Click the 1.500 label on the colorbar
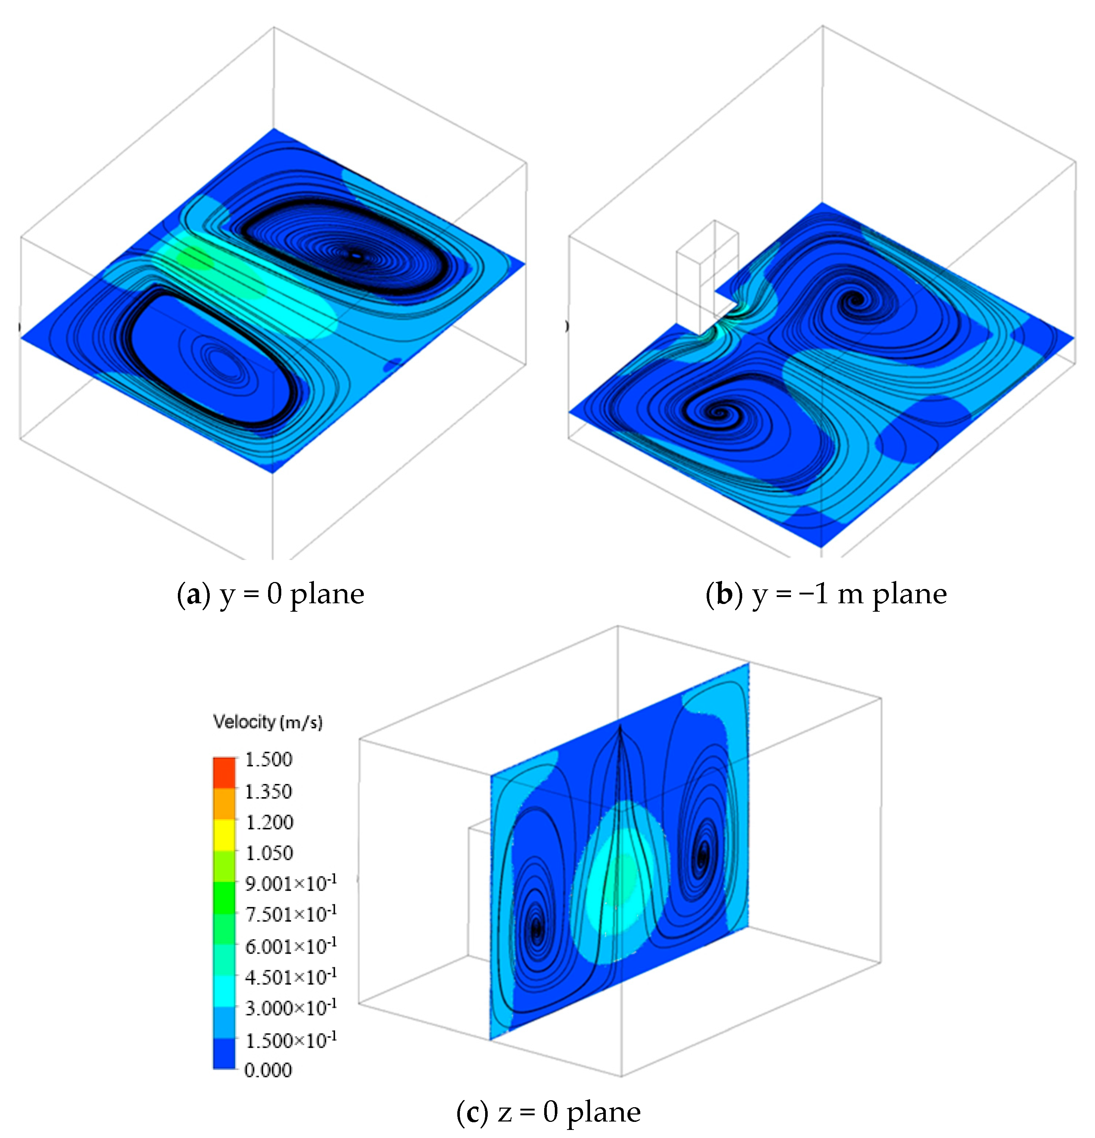268,759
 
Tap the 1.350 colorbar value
268,791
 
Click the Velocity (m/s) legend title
268,722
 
